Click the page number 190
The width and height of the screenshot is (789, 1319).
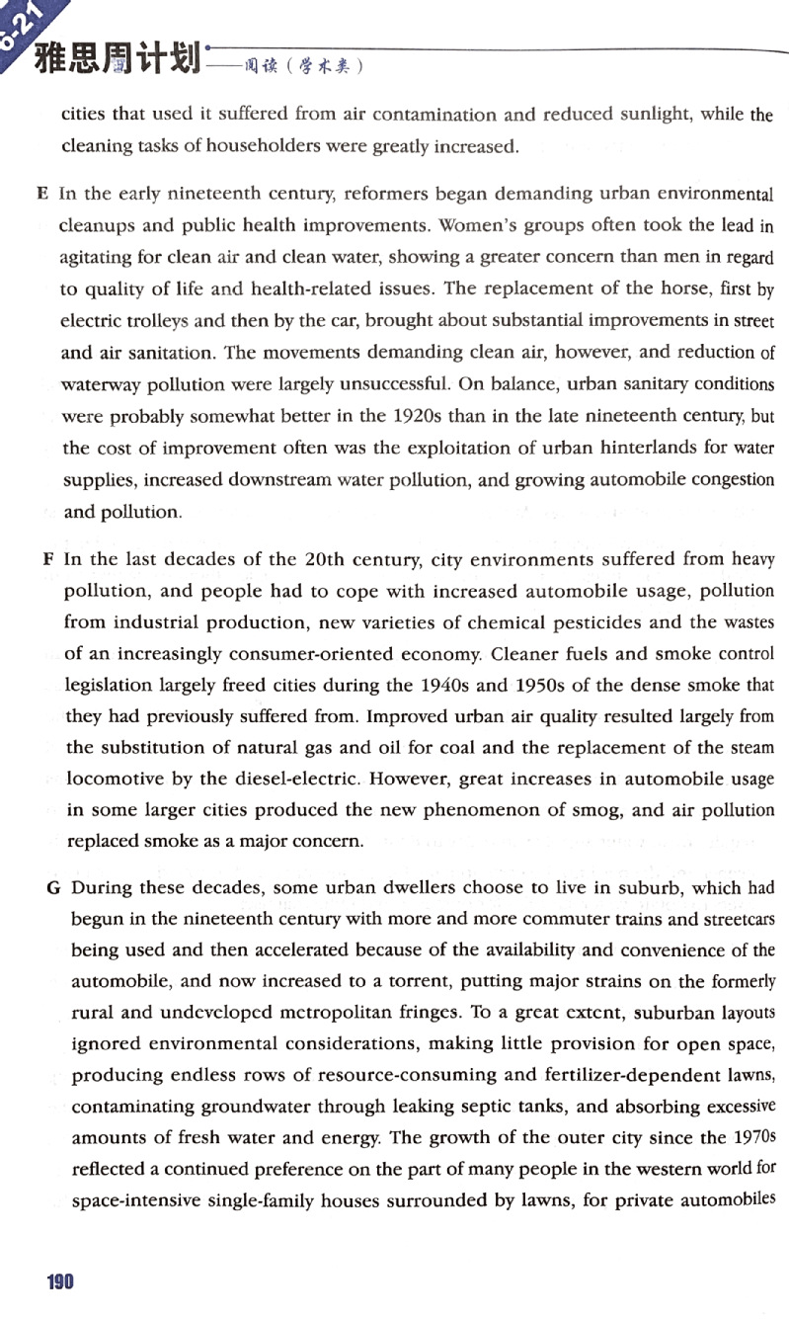pyautogui.click(x=60, y=1281)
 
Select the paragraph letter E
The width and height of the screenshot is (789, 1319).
pyautogui.click(x=42, y=194)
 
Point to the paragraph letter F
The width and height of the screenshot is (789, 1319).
pyautogui.click(x=47, y=559)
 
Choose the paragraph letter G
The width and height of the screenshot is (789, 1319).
pyautogui.click(x=53, y=887)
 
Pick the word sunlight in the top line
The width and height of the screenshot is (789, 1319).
pyautogui.click(x=658, y=115)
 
